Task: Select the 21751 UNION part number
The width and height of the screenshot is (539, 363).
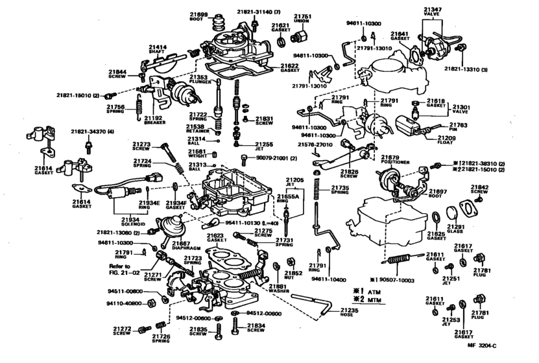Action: coord(302,18)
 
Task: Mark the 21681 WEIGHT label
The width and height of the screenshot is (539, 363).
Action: coord(197,154)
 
